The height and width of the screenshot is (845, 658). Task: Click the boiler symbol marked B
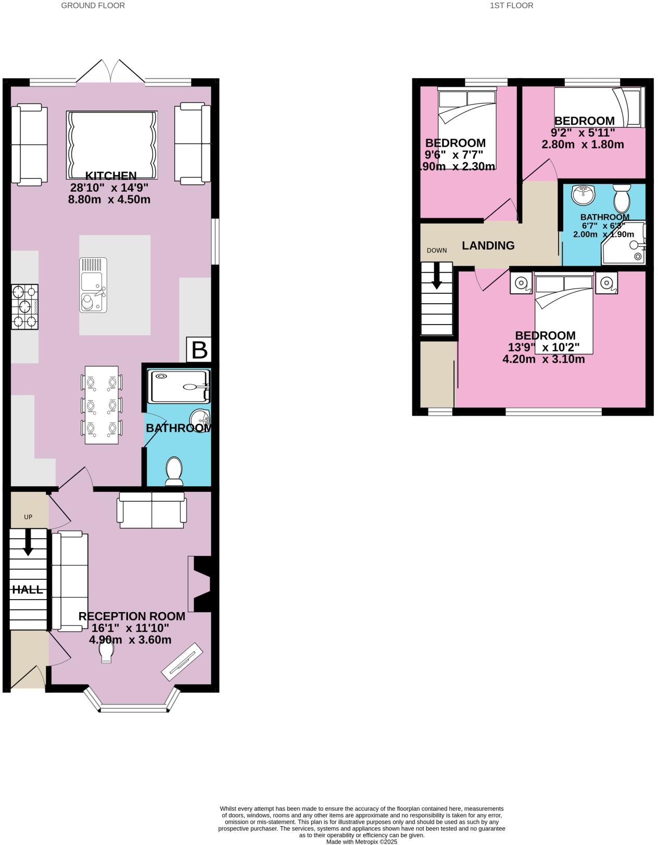coord(199,350)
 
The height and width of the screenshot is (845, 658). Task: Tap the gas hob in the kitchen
coord(25,307)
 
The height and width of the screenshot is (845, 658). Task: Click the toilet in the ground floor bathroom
coord(174,471)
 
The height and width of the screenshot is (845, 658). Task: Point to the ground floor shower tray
coord(179,386)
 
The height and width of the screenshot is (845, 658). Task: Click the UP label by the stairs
coord(28,517)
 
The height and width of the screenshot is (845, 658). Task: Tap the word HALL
coord(28,590)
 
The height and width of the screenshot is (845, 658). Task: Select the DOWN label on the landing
coord(437,251)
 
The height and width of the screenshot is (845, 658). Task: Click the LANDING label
coord(488,245)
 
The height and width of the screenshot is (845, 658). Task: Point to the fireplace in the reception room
coord(201,583)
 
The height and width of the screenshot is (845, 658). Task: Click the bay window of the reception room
coord(134,707)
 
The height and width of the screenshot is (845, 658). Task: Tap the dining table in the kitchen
coord(102,405)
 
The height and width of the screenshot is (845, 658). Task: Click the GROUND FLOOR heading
coord(93,6)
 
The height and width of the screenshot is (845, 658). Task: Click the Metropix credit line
coord(361,841)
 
